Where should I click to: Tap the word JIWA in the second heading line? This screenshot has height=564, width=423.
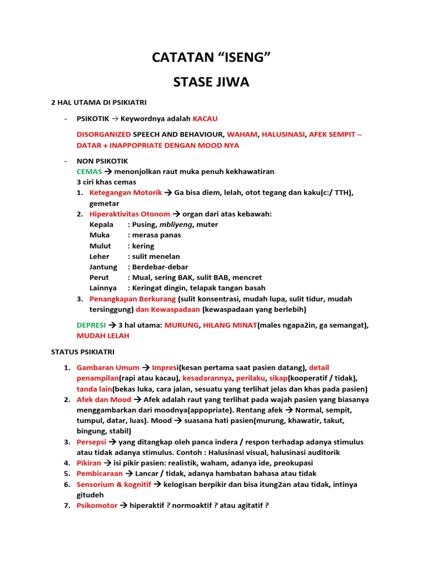point(230,83)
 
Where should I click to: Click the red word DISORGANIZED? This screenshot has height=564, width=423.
point(104,134)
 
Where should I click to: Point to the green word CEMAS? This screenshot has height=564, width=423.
point(89,172)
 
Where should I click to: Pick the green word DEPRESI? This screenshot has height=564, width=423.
point(91,325)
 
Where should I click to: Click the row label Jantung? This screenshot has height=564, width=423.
point(103,267)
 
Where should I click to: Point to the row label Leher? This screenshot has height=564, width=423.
point(99,256)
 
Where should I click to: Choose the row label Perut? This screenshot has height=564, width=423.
point(99,278)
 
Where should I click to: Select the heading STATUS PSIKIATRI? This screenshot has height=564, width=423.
point(83,351)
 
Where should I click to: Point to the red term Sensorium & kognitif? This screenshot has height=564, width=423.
point(114,484)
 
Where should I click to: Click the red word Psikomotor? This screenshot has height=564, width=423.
point(97,505)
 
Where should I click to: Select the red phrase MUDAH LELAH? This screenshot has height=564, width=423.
point(103,335)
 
